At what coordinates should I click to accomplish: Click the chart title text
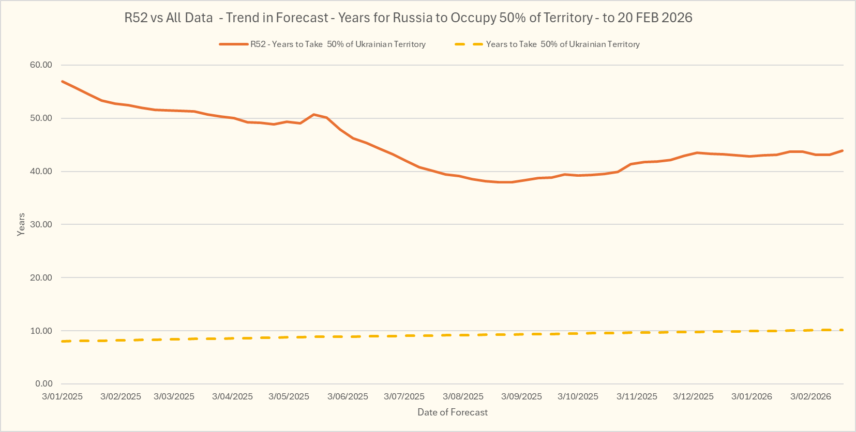(x=408, y=18)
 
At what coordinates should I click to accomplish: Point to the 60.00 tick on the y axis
(x=41, y=65)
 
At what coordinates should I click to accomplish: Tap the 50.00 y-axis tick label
(x=41, y=118)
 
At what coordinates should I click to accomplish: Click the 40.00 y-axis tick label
(x=41, y=172)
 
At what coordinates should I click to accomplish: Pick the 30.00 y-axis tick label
(x=41, y=225)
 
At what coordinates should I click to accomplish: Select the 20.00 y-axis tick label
(x=41, y=278)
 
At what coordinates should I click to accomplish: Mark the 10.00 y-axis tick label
(x=41, y=331)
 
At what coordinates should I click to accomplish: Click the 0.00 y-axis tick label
(x=43, y=384)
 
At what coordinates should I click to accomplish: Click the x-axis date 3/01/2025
(x=62, y=397)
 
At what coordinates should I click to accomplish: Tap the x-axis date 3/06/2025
(x=348, y=397)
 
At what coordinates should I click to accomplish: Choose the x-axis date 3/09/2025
(x=521, y=397)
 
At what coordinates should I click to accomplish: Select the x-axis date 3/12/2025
(x=693, y=397)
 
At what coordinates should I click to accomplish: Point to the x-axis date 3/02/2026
(x=810, y=397)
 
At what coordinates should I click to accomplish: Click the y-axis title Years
(x=21, y=225)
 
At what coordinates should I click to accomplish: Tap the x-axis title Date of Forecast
(x=453, y=412)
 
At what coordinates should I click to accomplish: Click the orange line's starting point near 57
(x=62, y=81)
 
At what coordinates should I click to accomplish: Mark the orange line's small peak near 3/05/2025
(x=313, y=114)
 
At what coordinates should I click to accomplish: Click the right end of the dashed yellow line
(x=843, y=330)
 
